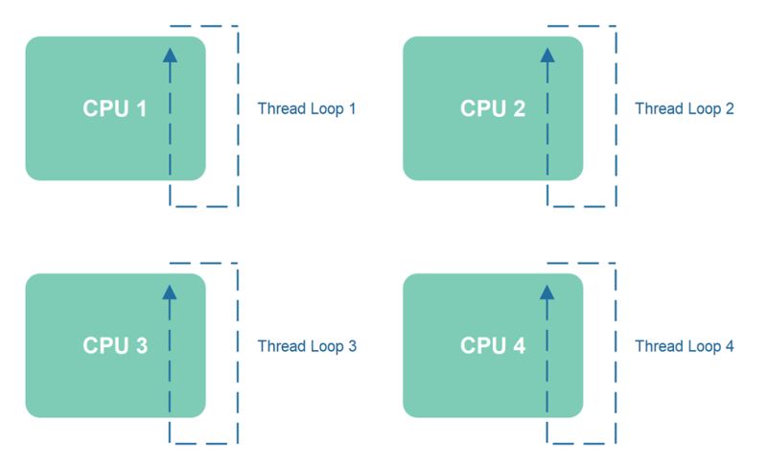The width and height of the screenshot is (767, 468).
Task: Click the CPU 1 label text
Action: (x=115, y=108)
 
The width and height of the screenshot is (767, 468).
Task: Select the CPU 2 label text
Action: (x=493, y=108)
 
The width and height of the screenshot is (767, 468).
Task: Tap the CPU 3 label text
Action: (x=115, y=346)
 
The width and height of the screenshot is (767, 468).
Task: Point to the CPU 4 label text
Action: (x=493, y=346)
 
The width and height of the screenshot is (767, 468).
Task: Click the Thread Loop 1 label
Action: (x=307, y=108)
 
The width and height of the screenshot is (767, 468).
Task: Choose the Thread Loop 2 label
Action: (x=685, y=108)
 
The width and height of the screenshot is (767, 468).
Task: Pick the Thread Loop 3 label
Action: (x=307, y=346)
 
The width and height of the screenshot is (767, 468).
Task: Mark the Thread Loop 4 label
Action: (x=685, y=346)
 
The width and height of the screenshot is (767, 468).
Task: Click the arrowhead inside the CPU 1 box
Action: (x=170, y=55)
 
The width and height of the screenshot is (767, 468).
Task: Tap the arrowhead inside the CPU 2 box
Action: (x=547, y=55)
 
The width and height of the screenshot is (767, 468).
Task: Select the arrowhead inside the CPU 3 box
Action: (x=170, y=292)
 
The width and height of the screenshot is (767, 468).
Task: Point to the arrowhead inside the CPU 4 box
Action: (x=547, y=292)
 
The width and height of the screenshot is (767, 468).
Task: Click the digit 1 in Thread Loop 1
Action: (x=352, y=108)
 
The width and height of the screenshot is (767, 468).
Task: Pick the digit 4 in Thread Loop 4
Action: (x=730, y=346)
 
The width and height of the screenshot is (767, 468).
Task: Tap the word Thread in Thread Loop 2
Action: (x=657, y=108)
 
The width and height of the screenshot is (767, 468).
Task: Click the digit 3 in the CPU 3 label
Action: (x=141, y=346)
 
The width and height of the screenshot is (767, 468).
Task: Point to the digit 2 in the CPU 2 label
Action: (x=519, y=108)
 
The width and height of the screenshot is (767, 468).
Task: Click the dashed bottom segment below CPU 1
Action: (x=203, y=205)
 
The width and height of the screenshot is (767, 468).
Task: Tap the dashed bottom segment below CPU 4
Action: (x=581, y=443)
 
